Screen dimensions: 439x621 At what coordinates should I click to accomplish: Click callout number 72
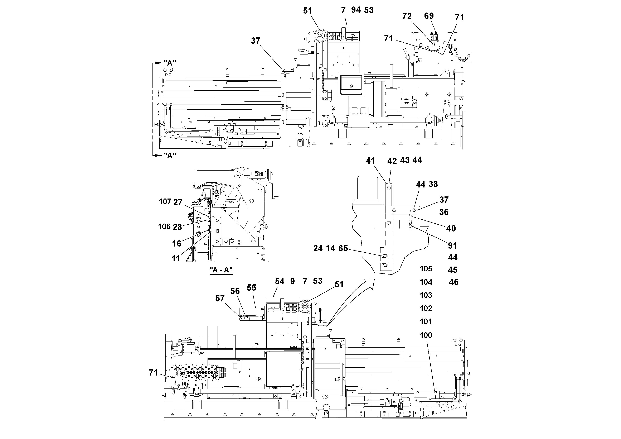pyautogui.click(x=407, y=16)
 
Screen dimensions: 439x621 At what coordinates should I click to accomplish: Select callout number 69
pyautogui.click(x=429, y=16)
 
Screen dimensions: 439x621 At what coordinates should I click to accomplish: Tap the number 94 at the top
pyautogui.click(x=356, y=10)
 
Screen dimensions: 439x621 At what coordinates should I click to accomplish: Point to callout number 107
pyautogui.click(x=165, y=201)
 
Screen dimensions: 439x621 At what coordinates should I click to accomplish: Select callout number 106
pyautogui.click(x=164, y=226)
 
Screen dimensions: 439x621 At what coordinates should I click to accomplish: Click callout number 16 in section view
pyautogui.click(x=177, y=243)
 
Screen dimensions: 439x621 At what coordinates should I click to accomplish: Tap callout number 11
pyautogui.click(x=176, y=258)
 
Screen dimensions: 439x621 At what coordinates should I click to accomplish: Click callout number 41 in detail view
pyautogui.click(x=370, y=161)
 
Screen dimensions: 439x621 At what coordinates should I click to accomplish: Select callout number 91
pyautogui.click(x=452, y=245)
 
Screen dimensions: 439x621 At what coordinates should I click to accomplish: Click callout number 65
pyautogui.click(x=343, y=248)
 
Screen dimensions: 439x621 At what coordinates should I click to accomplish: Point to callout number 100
pyautogui.click(x=426, y=335)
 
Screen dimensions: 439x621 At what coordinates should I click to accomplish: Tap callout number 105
pyautogui.click(x=426, y=268)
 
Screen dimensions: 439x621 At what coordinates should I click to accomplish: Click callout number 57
pyautogui.click(x=220, y=298)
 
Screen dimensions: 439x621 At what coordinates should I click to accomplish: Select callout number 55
pyautogui.click(x=251, y=287)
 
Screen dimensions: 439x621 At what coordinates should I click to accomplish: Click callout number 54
pyautogui.click(x=280, y=281)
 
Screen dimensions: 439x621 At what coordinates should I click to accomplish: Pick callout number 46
pyautogui.click(x=453, y=282)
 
